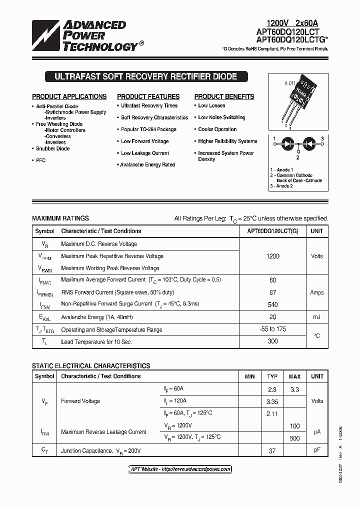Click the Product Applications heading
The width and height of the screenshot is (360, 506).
click(x=69, y=96)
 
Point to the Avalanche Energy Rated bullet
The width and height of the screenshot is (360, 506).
click(x=147, y=164)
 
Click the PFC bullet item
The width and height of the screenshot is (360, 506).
click(x=40, y=160)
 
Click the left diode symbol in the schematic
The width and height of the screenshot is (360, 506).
click(x=285, y=142)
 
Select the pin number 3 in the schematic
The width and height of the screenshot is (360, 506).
click(x=322, y=138)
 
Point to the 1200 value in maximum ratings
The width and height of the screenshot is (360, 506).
click(x=273, y=256)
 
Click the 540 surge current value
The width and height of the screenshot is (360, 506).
click(x=273, y=304)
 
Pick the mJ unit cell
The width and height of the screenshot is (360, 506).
click(x=317, y=317)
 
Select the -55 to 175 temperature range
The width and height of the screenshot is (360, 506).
click(x=273, y=329)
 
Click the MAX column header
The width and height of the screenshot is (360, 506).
click(x=294, y=376)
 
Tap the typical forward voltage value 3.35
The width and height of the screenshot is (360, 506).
click(x=272, y=401)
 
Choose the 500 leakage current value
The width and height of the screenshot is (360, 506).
click(x=294, y=438)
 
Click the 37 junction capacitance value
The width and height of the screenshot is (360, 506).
click(x=272, y=450)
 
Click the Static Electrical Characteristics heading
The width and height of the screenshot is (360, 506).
click(x=91, y=366)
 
